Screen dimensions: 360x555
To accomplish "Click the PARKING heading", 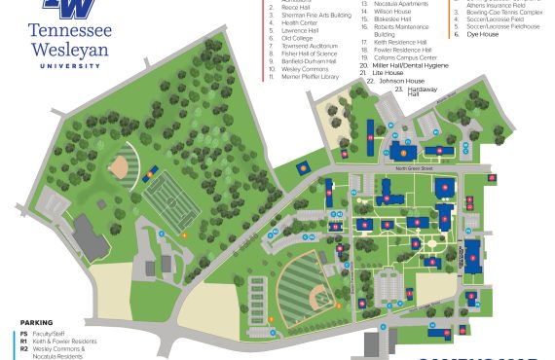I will coord(36,322).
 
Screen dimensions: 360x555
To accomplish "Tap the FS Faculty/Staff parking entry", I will coord(45,334).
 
